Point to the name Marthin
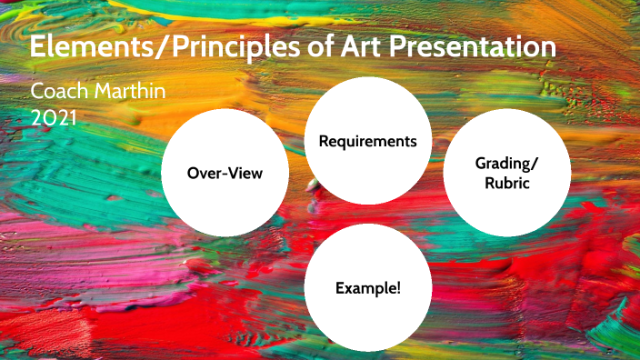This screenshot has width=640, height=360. tap(132, 93)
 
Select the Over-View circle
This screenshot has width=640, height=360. tap(225, 173)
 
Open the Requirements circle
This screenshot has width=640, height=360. tap(368, 141)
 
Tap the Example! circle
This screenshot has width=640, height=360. tap(368, 287)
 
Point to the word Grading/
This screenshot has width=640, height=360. tap(507, 163)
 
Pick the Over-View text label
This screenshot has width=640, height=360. tap(225, 173)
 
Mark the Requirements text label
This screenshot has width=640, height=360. tap(368, 142)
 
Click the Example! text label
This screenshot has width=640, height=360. tap(368, 287)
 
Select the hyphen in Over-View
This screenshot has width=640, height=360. tap(224, 174)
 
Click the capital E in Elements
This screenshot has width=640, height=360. tap(39, 47)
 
